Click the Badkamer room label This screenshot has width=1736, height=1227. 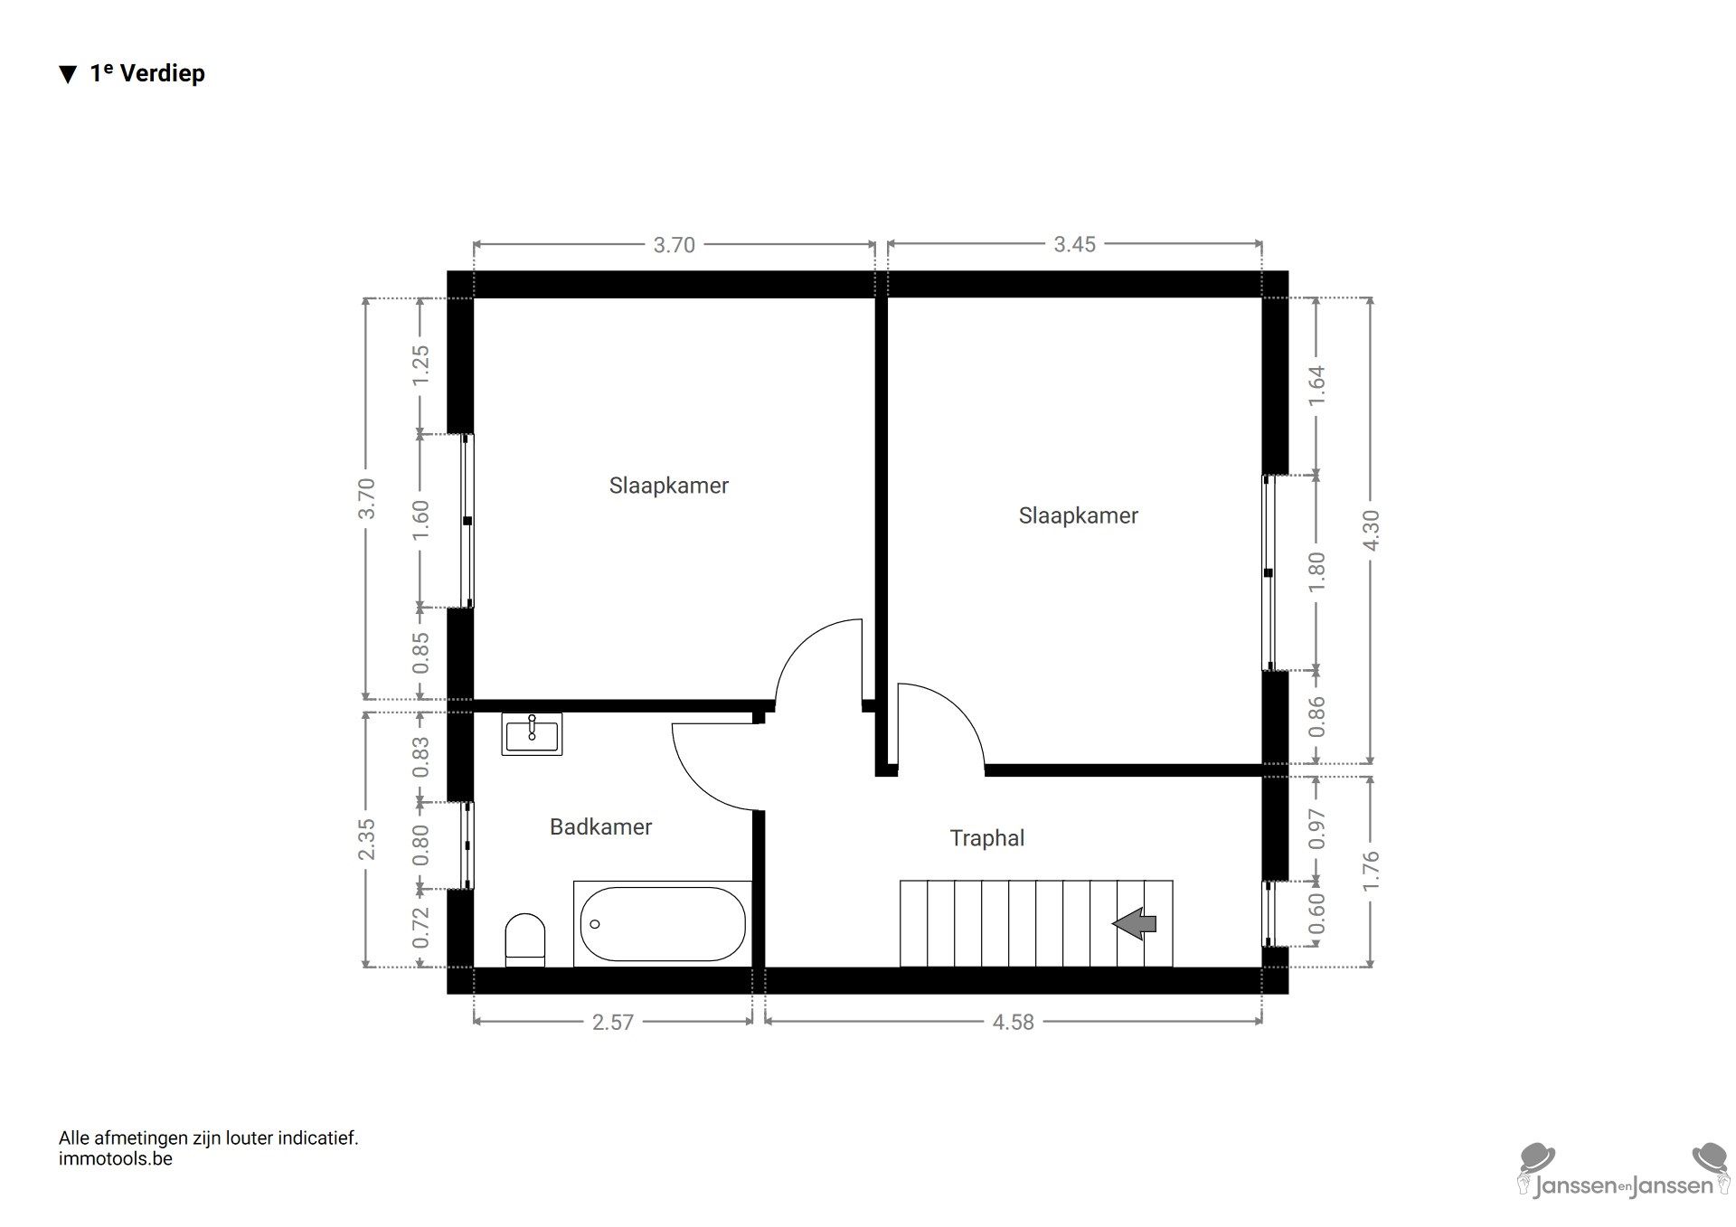[600, 826]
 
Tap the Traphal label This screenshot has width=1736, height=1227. [986, 838]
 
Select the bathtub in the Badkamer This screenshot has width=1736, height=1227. [662, 923]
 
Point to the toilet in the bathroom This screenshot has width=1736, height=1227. [525, 938]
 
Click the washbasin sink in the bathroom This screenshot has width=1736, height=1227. [532, 733]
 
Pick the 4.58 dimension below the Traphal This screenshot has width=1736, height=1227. [1013, 1022]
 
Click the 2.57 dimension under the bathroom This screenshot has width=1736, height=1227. [612, 1022]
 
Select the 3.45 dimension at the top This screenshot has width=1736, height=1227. [1074, 244]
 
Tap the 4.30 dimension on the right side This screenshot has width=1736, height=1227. [1371, 531]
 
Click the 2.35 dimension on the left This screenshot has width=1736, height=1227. [366, 840]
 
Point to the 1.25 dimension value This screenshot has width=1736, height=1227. [420, 365]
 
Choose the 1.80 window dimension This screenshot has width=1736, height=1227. [1316, 571]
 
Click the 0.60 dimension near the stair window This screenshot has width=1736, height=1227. [1316, 913]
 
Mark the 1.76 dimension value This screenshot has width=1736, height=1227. [1371, 871]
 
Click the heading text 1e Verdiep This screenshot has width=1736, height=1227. [147, 73]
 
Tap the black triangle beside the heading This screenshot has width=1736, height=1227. [68, 75]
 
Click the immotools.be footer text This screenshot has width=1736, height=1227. [115, 1159]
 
